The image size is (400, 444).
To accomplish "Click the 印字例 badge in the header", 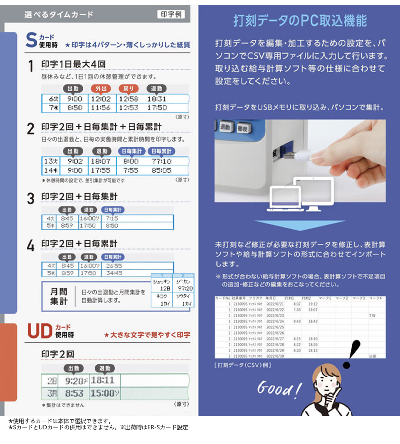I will [171, 14].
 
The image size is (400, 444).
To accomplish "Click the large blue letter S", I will [31, 41].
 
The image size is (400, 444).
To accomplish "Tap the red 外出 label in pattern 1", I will [100, 88].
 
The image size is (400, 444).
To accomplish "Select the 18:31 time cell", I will [156, 99].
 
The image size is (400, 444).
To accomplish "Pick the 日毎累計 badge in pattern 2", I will [161, 151].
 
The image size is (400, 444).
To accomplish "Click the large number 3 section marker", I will [31, 199].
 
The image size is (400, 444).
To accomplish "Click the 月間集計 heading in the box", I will [59, 296].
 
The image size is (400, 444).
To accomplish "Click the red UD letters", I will [40, 330].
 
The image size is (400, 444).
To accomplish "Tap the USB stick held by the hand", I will [298, 155].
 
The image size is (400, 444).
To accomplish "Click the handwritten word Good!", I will [279, 389].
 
